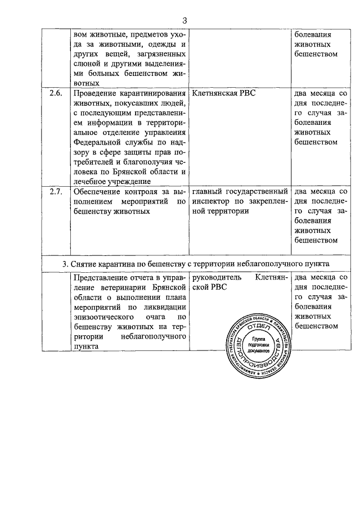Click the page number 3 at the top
(184, 21)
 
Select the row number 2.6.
(55, 93)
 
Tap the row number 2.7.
(55, 192)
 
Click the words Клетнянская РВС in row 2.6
(223, 93)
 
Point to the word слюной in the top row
(87, 63)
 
